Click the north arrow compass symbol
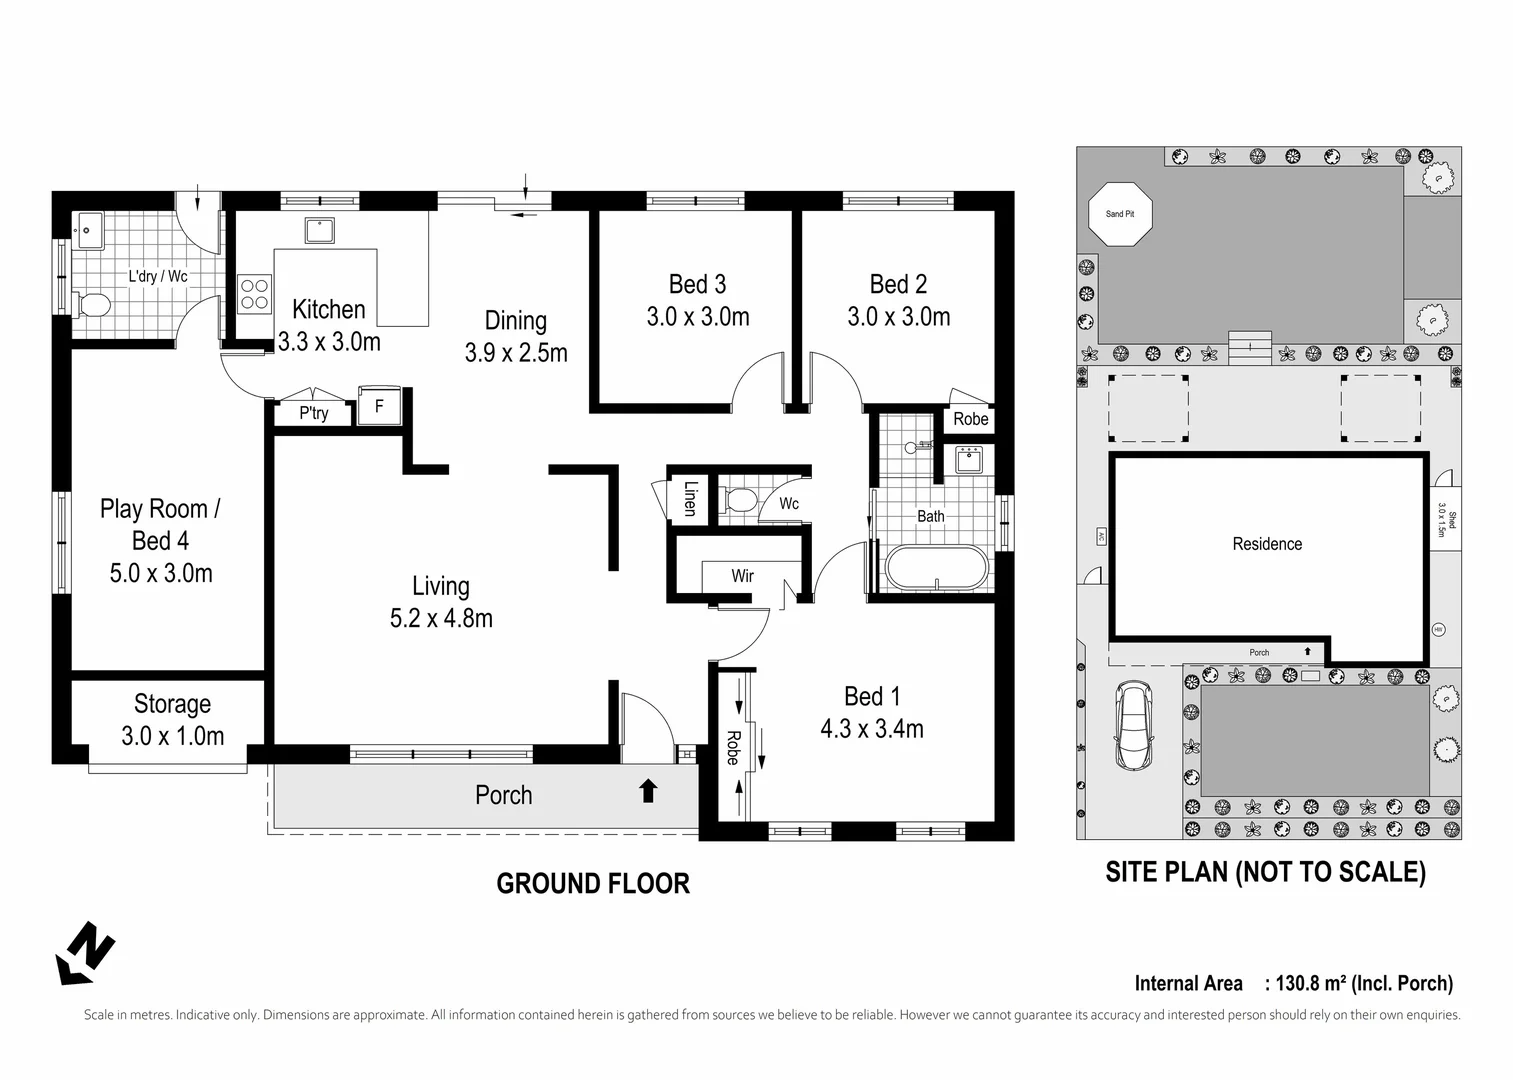tap(85, 952)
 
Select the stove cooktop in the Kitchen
tap(254, 293)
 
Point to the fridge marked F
tap(379, 407)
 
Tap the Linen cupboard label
tap(690, 498)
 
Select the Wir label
tap(742, 576)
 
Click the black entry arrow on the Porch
tap(648, 791)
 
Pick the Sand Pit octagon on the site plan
tap(1120, 214)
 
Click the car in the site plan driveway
tap(1134, 725)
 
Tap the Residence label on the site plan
tap(1267, 544)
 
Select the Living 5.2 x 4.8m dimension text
tap(441, 619)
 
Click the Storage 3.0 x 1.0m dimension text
tap(172, 736)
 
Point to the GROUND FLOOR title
tap(593, 884)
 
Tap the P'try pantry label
tap(314, 413)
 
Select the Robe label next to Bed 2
tap(970, 419)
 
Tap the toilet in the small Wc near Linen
tap(740, 500)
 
